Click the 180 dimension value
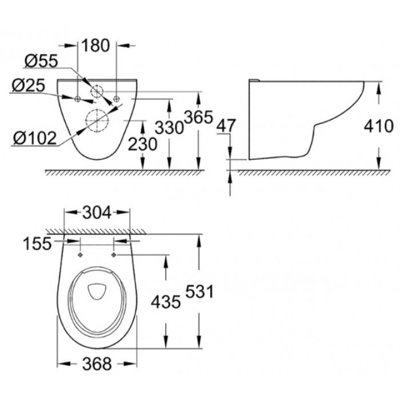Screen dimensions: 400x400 tap(95, 46)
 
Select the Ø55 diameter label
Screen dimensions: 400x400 tap(41, 61)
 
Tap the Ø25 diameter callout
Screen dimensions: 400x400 tap(29, 86)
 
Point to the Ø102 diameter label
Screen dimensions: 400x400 tap(35, 138)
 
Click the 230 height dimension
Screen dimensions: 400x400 tap(142, 144)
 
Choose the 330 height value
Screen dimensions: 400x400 tap(169, 127)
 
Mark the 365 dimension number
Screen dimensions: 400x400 tap(198, 117)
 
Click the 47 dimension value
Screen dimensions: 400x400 tap(226, 126)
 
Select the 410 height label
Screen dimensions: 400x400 tap(378, 126)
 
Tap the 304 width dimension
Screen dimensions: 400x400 tap(97, 213)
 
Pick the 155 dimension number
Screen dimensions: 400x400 tap(37, 243)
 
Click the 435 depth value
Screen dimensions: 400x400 tap(166, 302)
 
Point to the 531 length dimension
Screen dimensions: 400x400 tap(199, 291)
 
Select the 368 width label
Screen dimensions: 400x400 tap(97, 364)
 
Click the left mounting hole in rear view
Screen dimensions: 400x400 tap(78, 99)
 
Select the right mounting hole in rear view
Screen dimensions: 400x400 tap(117, 99)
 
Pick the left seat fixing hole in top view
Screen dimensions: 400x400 tap(81, 255)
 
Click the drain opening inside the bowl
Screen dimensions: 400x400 tap(98, 291)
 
